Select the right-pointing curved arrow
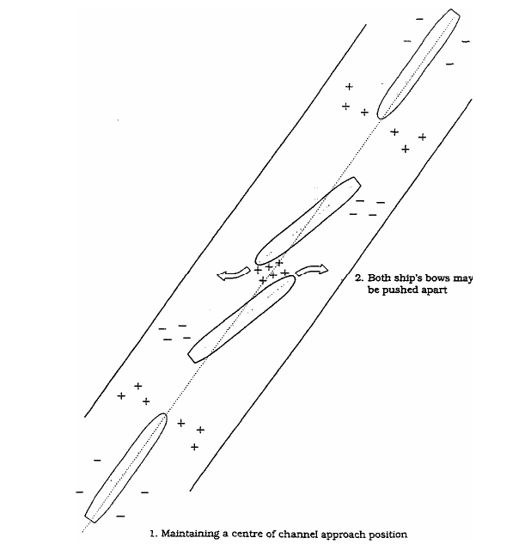(x=311, y=270)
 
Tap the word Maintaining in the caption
(x=190, y=534)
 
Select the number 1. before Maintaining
(x=154, y=534)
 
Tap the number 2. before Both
(x=359, y=278)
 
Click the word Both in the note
(x=379, y=278)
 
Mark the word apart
(x=434, y=290)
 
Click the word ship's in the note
(x=406, y=278)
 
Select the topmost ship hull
(x=418, y=64)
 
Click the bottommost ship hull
(x=126, y=468)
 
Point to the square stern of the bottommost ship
(x=90, y=518)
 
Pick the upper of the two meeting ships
(x=308, y=221)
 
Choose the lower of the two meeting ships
(x=241, y=319)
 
